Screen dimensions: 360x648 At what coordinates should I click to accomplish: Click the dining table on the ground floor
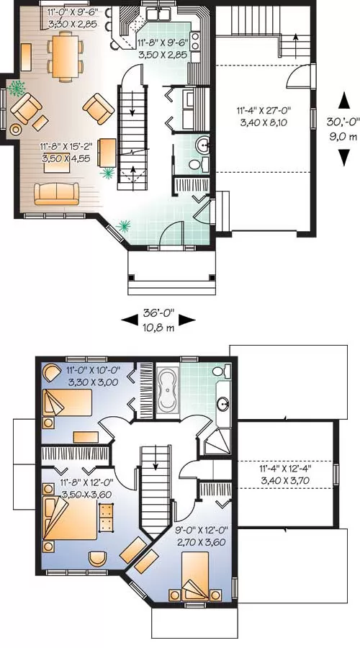pos(66,57)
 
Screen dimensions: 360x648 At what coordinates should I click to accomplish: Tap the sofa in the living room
pos(56,194)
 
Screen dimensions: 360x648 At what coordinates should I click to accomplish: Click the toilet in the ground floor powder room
pos(195,165)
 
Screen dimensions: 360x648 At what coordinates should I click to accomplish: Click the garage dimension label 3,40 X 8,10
pos(264,122)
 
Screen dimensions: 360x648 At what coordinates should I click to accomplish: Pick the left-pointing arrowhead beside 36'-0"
pos(130,319)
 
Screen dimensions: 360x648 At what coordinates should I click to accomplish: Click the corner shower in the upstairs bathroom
pos(219,441)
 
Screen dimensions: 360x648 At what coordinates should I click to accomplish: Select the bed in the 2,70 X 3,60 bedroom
pos(195,576)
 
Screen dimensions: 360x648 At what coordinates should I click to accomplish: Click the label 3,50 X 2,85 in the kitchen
pos(162,54)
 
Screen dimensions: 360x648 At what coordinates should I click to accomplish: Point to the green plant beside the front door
pos(122,225)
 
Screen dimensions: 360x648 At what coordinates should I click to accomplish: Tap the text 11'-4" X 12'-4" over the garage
pos(285,469)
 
